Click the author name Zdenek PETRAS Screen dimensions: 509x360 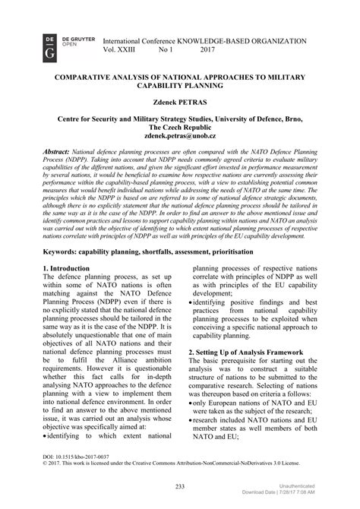click(179, 100)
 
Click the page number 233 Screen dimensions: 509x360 click(180, 485)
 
